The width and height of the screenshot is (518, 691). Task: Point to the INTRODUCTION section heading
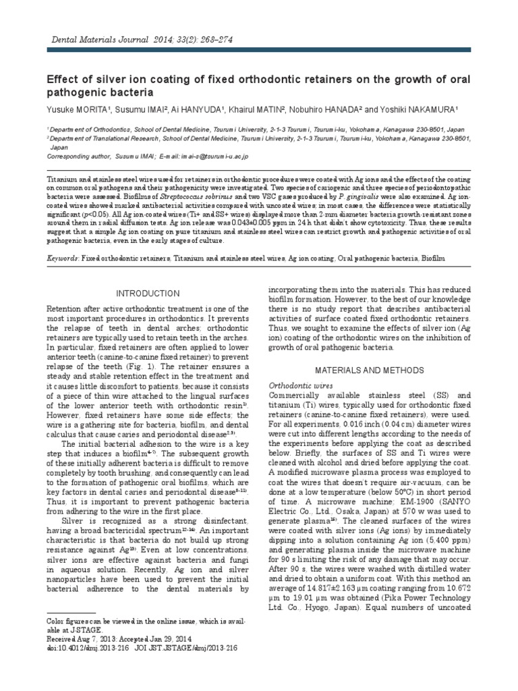pos(148,294)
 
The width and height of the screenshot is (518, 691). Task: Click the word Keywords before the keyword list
pos(62,258)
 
